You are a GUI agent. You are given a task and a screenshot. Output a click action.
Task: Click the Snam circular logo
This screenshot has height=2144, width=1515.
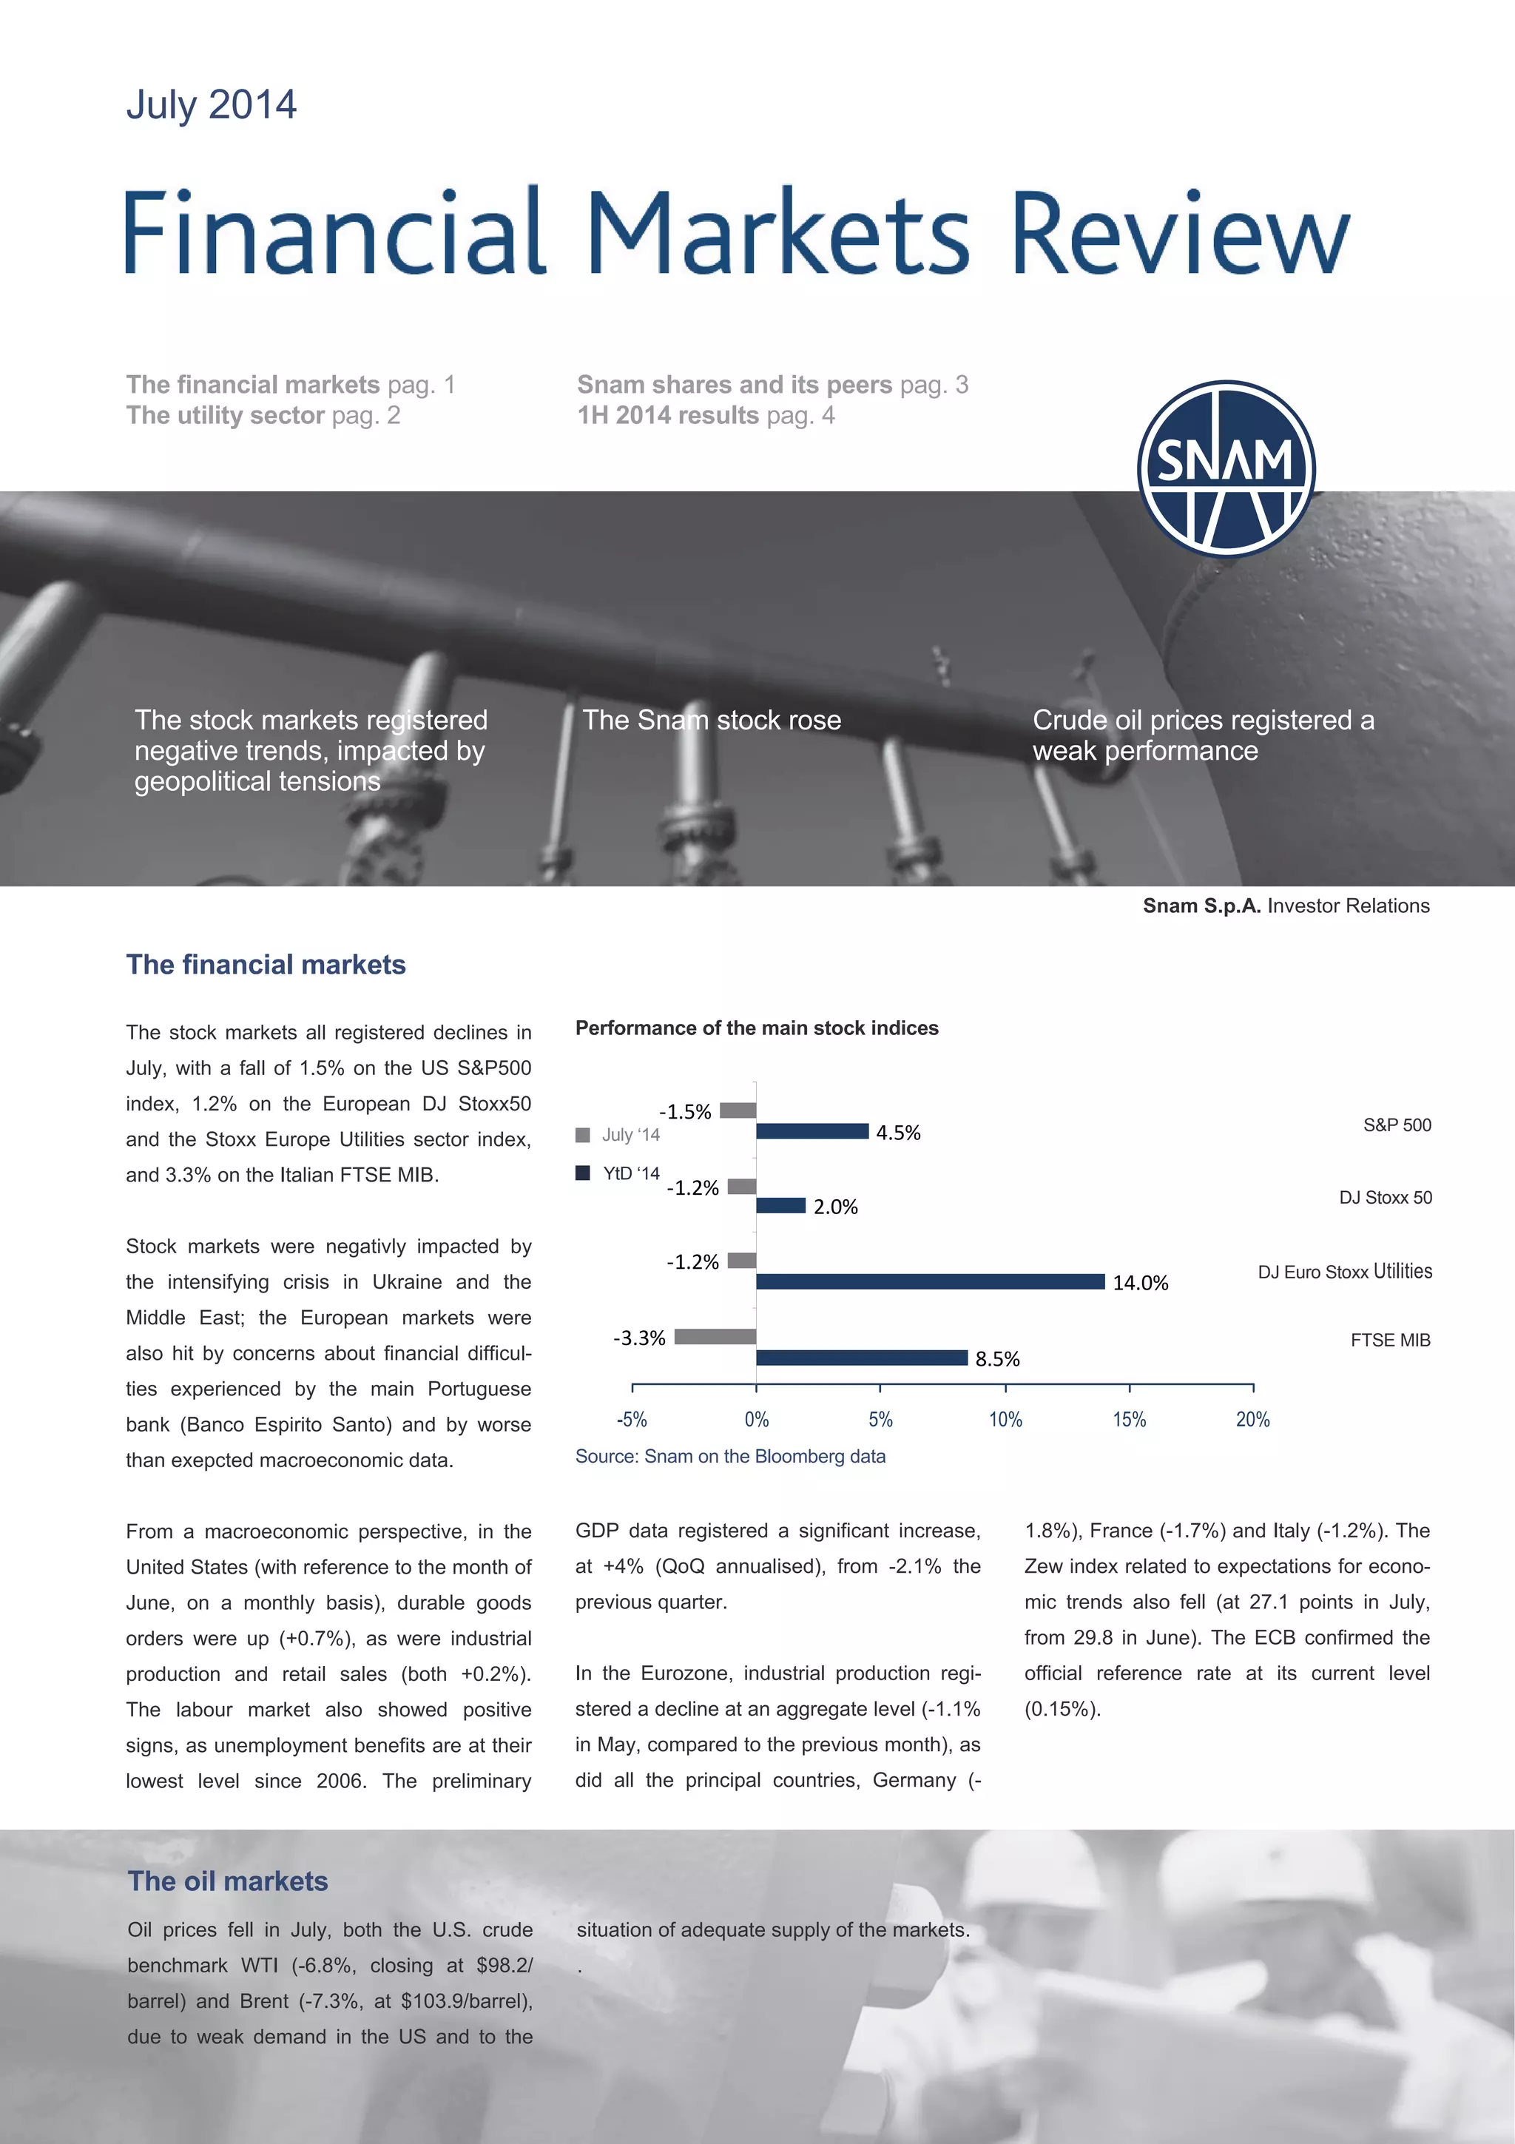coord(1226,469)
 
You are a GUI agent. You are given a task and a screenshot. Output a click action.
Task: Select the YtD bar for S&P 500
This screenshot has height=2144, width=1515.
coord(812,1132)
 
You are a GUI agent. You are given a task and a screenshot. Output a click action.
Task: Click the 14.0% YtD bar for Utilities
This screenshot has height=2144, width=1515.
coord(930,1282)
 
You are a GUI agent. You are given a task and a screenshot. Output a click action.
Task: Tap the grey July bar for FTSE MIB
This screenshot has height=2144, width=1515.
coord(715,1337)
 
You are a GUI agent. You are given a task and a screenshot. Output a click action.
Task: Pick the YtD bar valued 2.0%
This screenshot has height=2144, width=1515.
coord(780,1205)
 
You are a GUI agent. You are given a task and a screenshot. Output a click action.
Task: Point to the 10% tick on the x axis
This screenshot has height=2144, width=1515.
coord(1005,1420)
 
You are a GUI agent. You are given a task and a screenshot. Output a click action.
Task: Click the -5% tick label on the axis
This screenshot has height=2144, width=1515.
coord(632,1420)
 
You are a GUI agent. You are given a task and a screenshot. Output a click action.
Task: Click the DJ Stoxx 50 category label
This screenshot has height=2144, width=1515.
coord(1386,1197)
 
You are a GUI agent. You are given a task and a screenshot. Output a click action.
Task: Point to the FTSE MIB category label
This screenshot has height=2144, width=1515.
coord(1390,1340)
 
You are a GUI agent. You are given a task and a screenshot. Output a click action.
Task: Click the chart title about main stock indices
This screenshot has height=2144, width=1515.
coord(756,1028)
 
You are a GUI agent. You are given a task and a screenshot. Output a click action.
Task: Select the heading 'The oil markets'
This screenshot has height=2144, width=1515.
coord(228,1881)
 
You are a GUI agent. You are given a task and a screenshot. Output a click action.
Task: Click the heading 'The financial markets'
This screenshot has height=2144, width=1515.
coord(266,965)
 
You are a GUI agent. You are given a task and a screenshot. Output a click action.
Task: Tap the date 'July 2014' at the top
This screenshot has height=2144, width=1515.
coord(212,104)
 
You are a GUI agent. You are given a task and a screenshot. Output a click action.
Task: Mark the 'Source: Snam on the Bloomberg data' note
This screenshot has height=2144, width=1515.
coord(730,1456)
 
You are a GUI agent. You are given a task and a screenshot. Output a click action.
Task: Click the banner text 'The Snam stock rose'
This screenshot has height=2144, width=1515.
coord(712,720)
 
